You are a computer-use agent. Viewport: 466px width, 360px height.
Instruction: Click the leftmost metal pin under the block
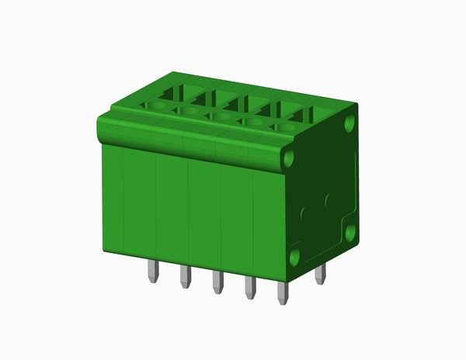[153, 272]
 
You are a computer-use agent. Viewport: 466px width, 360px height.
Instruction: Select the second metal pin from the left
[186, 277]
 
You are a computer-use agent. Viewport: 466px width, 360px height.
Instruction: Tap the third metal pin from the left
[217, 282]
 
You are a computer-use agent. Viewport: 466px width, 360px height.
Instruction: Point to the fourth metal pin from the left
[250, 288]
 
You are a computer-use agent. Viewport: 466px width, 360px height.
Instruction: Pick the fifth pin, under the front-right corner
[283, 293]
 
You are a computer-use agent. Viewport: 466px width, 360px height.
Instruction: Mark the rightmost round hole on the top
[285, 126]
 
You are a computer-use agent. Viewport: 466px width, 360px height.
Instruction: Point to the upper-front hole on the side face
[290, 159]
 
